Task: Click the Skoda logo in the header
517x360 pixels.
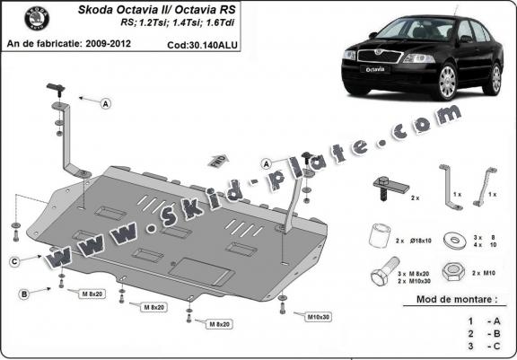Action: tap(20, 20)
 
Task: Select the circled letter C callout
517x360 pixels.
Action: tap(15, 261)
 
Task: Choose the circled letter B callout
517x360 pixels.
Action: tap(23, 294)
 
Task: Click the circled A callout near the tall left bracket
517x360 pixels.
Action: tap(106, 104)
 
